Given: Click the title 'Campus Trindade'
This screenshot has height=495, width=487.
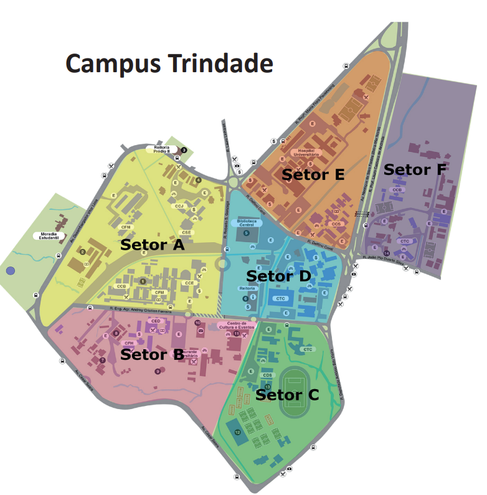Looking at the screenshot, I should click(x=169, y=64).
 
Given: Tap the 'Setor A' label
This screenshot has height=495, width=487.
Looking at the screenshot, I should click(x=153, y=245).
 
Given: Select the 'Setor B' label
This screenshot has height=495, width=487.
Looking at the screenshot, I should click(x=152, y=354).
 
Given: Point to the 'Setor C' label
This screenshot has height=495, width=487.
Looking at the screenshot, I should click(x=288, y=394).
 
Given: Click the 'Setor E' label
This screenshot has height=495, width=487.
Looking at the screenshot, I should click(x=313, y=174).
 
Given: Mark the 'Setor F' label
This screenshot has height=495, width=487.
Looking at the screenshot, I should click(x=415, y=169).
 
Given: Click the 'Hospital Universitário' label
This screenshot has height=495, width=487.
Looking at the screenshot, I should click(x=309, y=153).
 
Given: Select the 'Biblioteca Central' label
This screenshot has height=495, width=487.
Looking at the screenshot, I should click(x=247, y=222).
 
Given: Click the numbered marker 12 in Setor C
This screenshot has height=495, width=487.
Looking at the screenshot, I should click(x=237, y=431).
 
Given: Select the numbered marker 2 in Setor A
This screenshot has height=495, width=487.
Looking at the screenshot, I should click(x=82, y=252).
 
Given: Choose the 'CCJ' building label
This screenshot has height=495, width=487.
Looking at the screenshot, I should click(x=179, y=205).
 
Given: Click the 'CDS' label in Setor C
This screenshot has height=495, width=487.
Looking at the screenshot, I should click(x=268, y=375).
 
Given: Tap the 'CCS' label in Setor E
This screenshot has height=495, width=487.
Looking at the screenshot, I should click(x=336, y=224).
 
